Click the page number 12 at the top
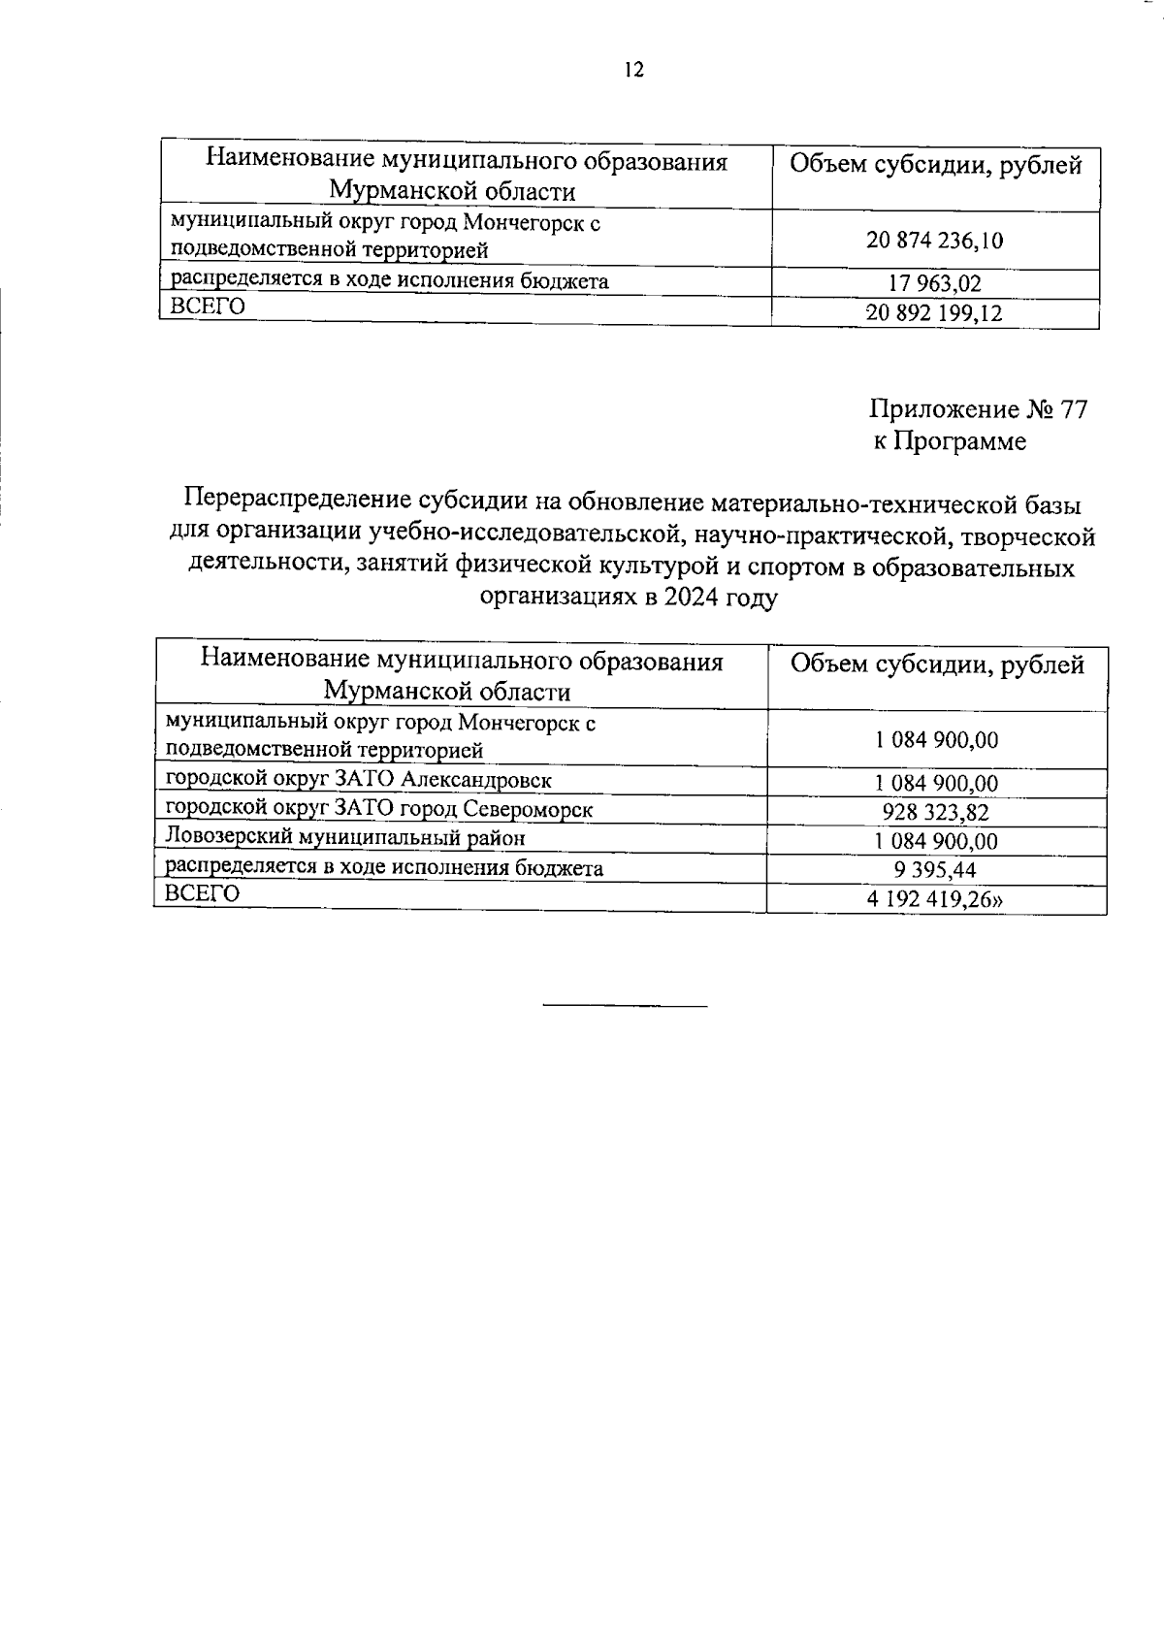coord(633,70)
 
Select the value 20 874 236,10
coord(934,241)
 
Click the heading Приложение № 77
coord(978,409)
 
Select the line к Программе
coord(949,442)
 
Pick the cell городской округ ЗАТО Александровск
coord(359,780)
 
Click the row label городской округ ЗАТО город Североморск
coord(379,809)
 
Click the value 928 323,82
coord(935,813)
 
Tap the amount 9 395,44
coord(934,870)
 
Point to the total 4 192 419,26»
coord(935,899)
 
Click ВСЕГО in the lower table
coord(202,893)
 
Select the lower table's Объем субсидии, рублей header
coord(937,664)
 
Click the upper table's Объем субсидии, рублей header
coord(935,165)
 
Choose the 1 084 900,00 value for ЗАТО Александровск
coord(935,784)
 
